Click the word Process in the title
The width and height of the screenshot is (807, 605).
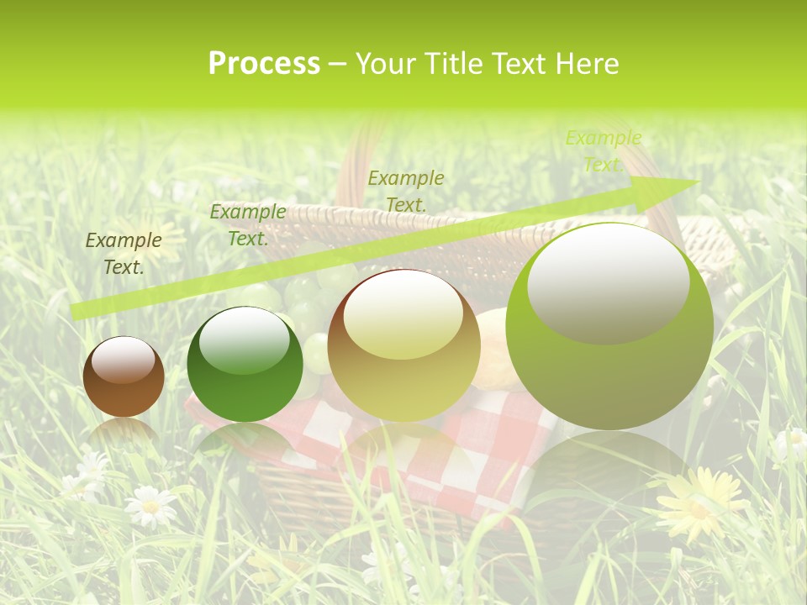pos(264,64)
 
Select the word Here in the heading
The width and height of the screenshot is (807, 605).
pos(585,64)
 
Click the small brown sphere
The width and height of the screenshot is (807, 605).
pos(124,377)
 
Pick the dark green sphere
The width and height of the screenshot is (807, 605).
pos(245,365)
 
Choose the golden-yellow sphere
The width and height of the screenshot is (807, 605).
pos(403,345)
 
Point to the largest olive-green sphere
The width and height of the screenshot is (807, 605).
pos(609,328)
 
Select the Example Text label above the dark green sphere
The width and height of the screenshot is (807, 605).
pos(247,225)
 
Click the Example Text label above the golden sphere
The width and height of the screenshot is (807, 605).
pos(405,191)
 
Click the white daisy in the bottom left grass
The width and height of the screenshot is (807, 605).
pos(150,506)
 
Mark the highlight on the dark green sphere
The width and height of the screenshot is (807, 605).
pos(245,340)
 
